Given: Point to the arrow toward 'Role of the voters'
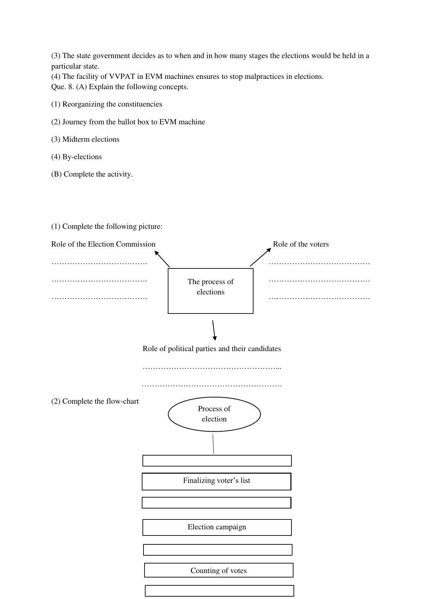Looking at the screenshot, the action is point(260,257).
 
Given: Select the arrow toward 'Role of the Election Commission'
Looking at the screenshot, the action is point(162,259).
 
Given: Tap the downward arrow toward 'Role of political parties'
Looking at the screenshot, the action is point(214,330).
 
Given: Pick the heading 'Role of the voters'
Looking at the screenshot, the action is point(301,244).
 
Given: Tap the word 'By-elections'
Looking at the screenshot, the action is point(82,157).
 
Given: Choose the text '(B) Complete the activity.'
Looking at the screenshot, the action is point(92,174).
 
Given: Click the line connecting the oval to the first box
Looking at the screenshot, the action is point(213,444).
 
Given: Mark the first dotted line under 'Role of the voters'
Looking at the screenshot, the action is point(319,263).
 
